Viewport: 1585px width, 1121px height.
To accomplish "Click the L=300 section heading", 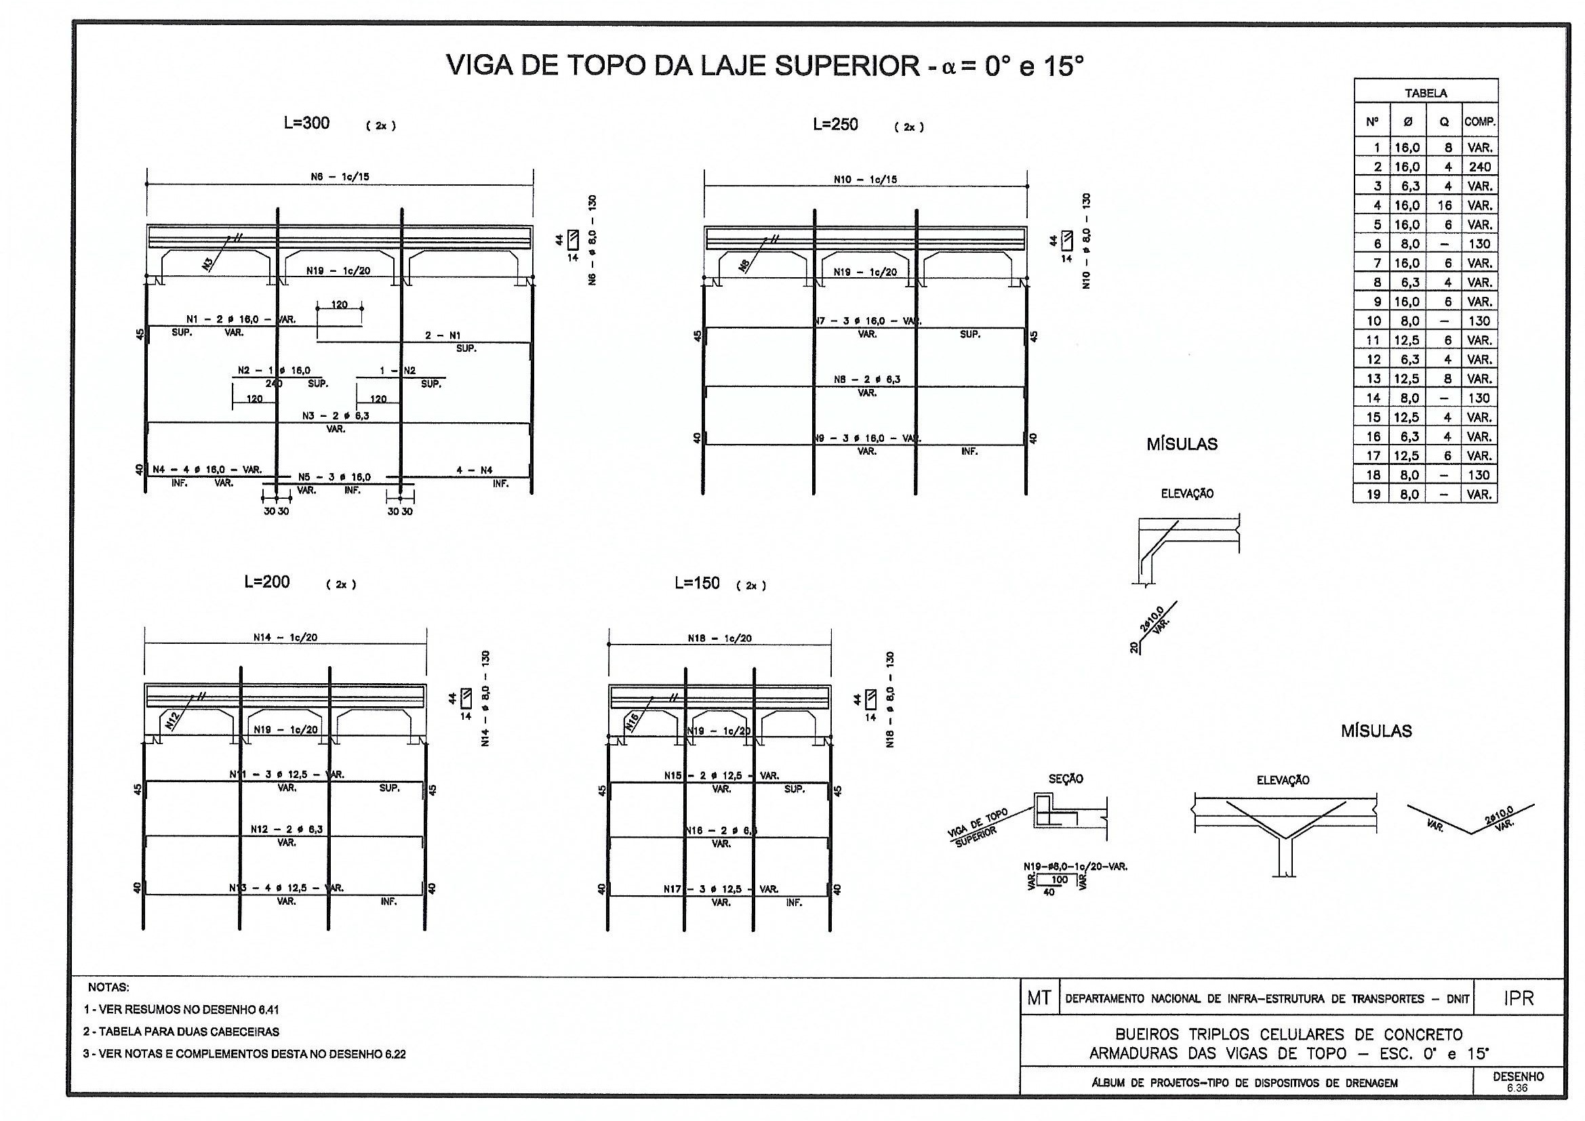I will (x=306, y=123).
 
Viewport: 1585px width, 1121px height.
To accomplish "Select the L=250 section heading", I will (x=835, y=125).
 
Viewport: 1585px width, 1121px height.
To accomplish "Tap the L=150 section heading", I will (x=697, y=584).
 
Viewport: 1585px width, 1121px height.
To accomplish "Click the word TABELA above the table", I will (x=1426, y=92).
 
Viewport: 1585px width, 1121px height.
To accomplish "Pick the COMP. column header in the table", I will (x=1479, y=122).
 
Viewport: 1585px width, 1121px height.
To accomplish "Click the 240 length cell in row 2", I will (x=1479, y=166).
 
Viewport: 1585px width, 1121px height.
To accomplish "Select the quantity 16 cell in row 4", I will (x=1444, y=205).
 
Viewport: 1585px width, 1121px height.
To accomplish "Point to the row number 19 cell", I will (x=1373, y=494).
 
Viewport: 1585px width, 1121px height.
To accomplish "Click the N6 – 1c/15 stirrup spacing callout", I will (x=340, y=177).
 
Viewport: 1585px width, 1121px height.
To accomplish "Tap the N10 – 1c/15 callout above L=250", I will (x=865, y=180).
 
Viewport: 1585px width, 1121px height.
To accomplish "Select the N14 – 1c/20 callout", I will (x=285, y=637).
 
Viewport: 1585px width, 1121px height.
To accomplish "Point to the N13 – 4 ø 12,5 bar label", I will (x=287, y=888).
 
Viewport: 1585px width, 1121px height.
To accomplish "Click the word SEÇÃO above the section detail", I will (x=1066, y=779).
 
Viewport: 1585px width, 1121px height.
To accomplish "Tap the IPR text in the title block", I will (x=1518, y=998).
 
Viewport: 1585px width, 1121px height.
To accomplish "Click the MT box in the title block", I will (x=1039, y=998).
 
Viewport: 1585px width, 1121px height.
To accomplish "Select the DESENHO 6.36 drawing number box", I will (x=1518, y=1081).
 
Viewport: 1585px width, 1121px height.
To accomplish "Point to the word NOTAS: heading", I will (x=108, y=987).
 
